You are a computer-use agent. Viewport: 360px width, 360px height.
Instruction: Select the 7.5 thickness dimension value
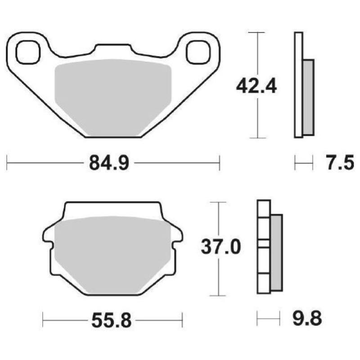click(x=339, y=163)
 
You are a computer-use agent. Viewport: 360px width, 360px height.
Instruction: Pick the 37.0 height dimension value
click(x=218, y=247)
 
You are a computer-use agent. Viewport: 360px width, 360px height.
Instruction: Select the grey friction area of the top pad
click(x=112, y=94)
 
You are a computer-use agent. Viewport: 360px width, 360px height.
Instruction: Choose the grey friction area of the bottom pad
click(x=112, y=252)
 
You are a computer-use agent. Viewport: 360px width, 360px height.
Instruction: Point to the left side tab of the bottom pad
click(x=47, y=235)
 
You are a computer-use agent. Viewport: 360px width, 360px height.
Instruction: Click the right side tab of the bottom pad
click(x=178, y=235)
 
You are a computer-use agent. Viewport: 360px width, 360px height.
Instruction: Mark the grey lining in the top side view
click(x=308, y=97)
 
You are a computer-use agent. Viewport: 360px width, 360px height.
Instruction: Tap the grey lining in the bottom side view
click(x=276, y=252)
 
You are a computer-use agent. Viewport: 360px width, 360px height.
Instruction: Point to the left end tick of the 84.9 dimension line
click(x=7, y=163)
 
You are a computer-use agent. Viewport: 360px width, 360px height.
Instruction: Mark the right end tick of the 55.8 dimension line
click(x=183, y=320)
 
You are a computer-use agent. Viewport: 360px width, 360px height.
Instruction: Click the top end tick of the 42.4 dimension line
click(x=256, y=32)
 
